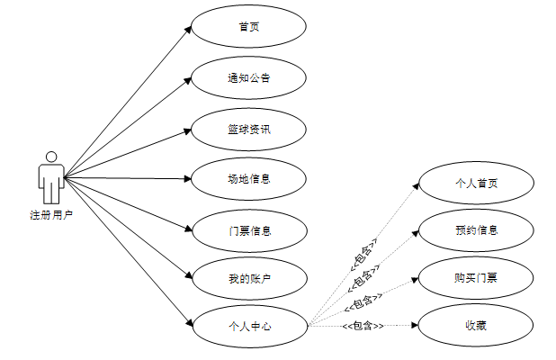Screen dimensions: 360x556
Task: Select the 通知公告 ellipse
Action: pyautogui.click(x=249, y=77)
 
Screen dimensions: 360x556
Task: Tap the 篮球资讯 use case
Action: pyautogui.click(x=249, y=128)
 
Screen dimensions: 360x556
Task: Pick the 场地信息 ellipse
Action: pyautogui.click(x=249, y=178)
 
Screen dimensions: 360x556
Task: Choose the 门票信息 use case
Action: pyautogui.click(x=249, y=229)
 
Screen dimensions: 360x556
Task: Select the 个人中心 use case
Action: pyautogui.click(x=249, y=325)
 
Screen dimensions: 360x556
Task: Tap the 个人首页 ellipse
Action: pyautogui.click(x=476, y=183)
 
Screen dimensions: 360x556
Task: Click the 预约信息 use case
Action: pyautogui.click(x=476, y=229)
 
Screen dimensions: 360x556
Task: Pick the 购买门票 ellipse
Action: pyautogui.click(x=476, y=277)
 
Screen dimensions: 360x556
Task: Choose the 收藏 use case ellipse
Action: pyautogui.click(x=476, y=325)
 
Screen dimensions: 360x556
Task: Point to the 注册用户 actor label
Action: pyautogui.click(x=51, y=215)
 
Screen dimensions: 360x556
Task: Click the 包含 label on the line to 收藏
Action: pyautogui.click(x=363, y=325)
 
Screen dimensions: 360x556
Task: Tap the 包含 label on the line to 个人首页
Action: pyautogui.click(x=362, y=254)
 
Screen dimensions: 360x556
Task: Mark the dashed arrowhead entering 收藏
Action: pyautogui.click(x=417, y=325)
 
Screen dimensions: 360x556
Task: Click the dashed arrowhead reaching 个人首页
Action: pyautogui.click(x=417, y=184)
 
